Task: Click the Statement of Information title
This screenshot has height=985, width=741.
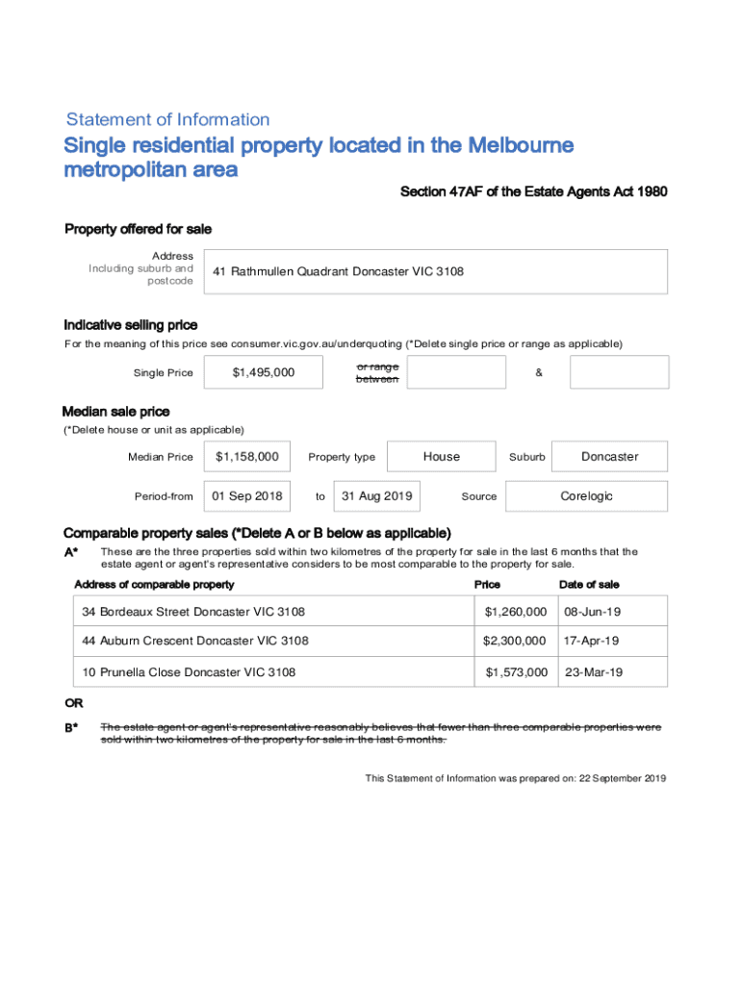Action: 167,120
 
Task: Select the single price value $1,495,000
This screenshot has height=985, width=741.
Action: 264,372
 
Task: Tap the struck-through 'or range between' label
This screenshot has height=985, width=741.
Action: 377,373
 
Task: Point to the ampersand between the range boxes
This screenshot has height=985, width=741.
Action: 538,373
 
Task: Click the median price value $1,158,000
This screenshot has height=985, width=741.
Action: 247,457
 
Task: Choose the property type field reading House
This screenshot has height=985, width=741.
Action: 442,457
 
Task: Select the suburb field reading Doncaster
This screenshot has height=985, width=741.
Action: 609,457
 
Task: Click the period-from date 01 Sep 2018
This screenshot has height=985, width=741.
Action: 247,496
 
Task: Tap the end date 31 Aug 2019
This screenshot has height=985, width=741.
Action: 377,496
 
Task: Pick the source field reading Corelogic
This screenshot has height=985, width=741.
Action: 586,496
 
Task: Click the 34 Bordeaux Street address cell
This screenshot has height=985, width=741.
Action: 193,612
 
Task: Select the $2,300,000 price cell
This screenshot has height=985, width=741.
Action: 515,641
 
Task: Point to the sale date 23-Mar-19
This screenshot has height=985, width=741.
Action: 593,672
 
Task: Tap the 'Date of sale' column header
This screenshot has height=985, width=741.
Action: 589,585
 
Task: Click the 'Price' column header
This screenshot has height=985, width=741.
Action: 487,585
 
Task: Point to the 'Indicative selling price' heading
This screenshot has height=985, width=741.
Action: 131,325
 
